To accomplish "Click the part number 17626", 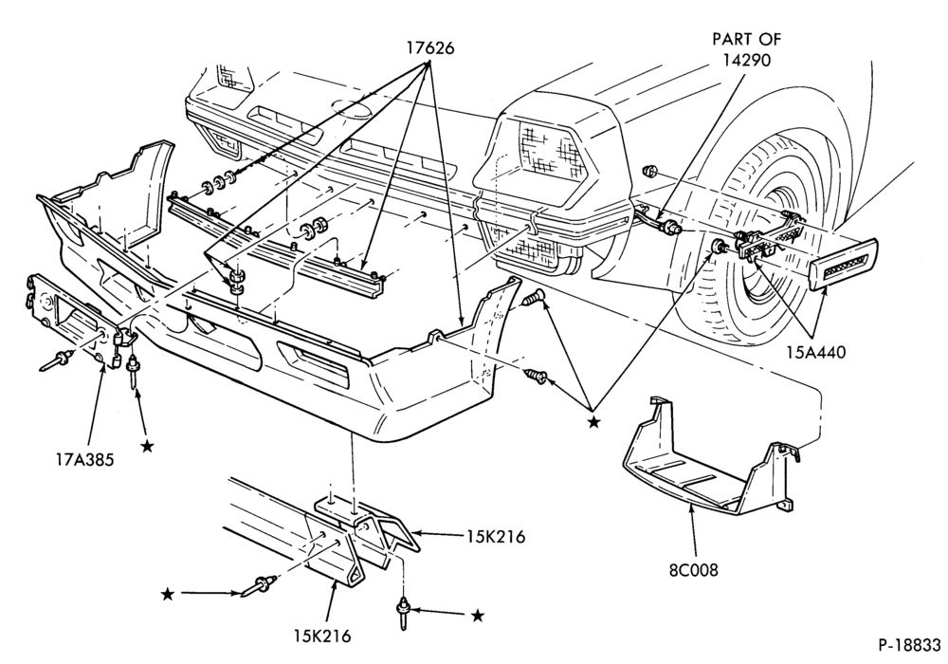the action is click(x=429, y=47).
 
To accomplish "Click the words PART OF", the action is click(x=747, y=39).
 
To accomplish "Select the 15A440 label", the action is click(x=815, y=352).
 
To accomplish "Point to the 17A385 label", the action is click(x=83, y=460).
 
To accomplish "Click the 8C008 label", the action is click(x=694, y=570).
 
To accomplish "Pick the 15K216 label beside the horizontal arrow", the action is click(x=495, y=536).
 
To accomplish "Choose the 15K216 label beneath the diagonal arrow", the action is click(x=322, y=636).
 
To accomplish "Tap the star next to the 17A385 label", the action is click(x=146, y=446).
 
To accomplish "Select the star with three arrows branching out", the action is click(x=594, y=422).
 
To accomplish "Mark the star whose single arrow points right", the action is click(x=168, y=595).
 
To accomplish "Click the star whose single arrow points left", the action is click(x=478, y=616).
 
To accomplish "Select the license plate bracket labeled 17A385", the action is click(x=66, y=321).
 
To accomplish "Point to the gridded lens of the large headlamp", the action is click(x=547, y=151).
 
